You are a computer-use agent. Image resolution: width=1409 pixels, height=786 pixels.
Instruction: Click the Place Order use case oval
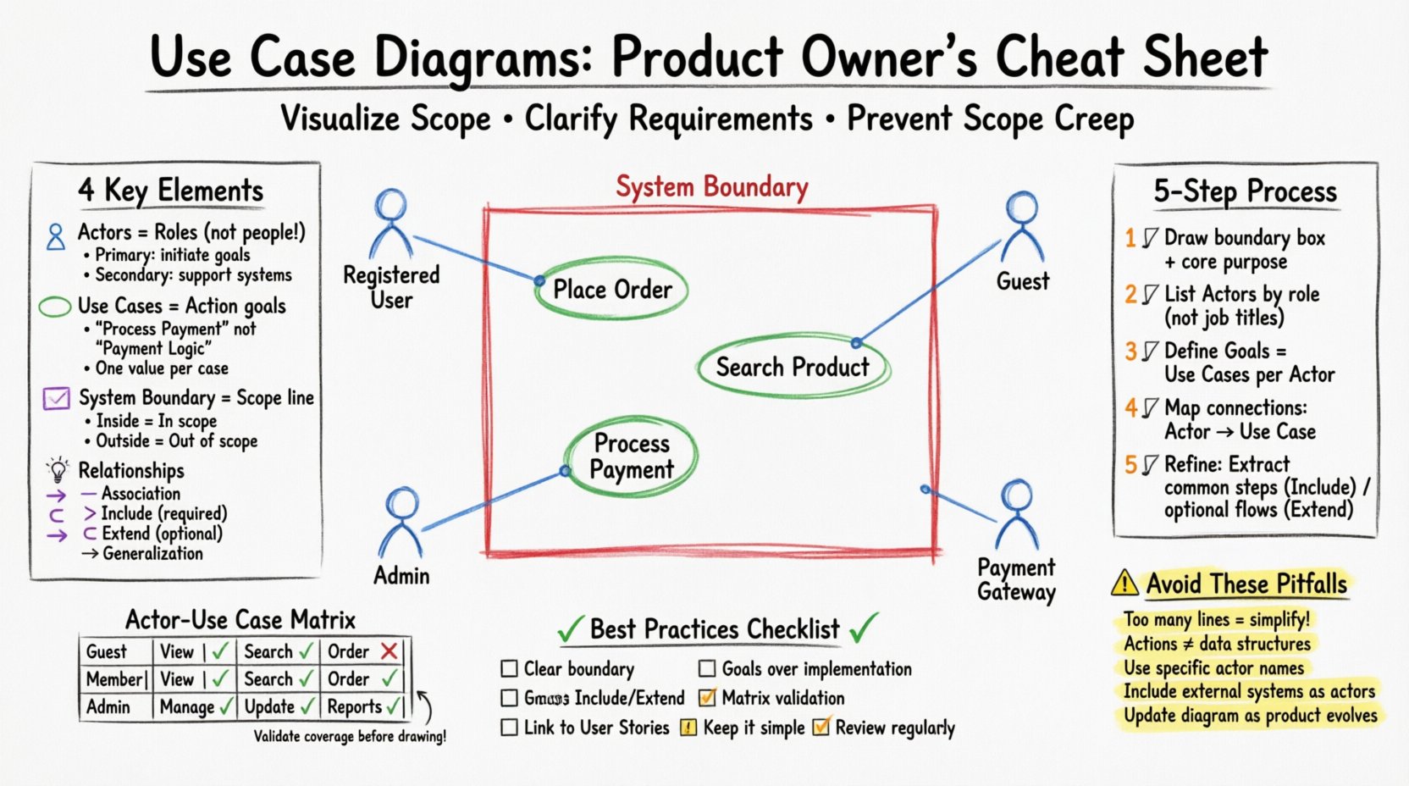(x=611, y=290)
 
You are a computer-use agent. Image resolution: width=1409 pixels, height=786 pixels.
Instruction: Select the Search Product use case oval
(x=793, y=367)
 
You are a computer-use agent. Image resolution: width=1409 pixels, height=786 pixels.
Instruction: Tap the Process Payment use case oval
(x=632, y=457)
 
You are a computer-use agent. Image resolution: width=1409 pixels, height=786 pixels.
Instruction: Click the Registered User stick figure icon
(x=391, y=222)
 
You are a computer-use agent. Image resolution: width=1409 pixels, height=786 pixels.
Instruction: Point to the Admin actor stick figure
(x=401, y=521)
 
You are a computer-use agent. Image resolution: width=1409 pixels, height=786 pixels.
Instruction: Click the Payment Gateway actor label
(x=1016, y=579)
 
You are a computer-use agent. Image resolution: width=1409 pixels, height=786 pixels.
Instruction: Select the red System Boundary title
(x=711, y=187)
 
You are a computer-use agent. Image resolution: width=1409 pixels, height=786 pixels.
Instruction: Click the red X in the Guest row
(x=389, y=651)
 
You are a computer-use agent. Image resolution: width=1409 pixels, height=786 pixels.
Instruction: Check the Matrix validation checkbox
(x=707, y=698)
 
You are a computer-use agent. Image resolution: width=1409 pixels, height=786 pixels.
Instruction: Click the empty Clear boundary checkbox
(x=509, y=669)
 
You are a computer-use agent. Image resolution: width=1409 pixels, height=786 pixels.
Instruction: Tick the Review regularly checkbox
(x=821, y=727)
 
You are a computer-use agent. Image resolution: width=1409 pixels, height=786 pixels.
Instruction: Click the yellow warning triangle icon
(x=1124, y=583)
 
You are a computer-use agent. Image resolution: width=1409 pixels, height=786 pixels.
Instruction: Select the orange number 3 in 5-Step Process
(x=1130, y=351)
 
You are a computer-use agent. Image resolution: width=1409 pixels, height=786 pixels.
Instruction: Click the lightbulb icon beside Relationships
(x=58, y=470)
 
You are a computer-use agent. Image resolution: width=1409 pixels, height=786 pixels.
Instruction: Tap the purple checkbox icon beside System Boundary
(x=56, y=398)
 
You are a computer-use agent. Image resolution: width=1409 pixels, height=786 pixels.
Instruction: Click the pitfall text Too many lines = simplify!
(x=1216, y=619)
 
